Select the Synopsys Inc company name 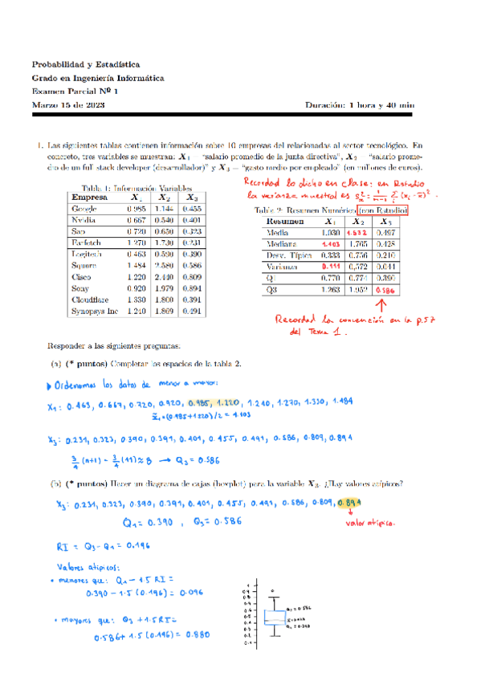point(96,309)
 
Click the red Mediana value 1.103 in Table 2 point(330,244)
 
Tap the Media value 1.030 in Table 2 point(330,232)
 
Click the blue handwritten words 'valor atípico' point(369,524)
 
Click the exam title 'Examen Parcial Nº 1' point(75,91)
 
